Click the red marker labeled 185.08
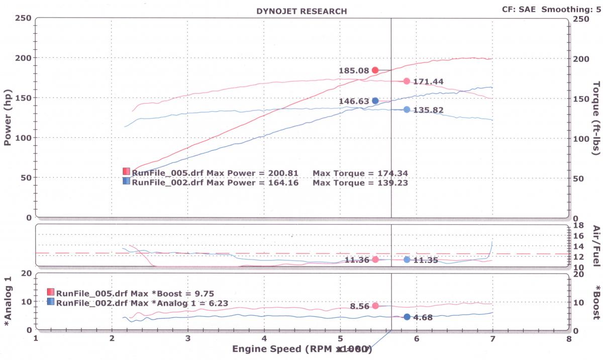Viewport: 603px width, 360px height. (x=375, y=70)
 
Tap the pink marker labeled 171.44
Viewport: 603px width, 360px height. (x=407, y=81)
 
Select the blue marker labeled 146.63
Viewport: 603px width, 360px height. (x=375, y=101)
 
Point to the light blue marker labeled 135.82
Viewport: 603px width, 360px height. (x=407, y=110)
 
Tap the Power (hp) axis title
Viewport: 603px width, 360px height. (x=8, y=117)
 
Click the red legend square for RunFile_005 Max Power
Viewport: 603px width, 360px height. (x=126, y=171)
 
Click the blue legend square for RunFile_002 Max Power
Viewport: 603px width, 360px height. (x=126, y=182)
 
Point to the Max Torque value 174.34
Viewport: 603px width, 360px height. (x=387, y=173)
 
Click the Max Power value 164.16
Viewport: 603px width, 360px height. (x=283, y=183)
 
